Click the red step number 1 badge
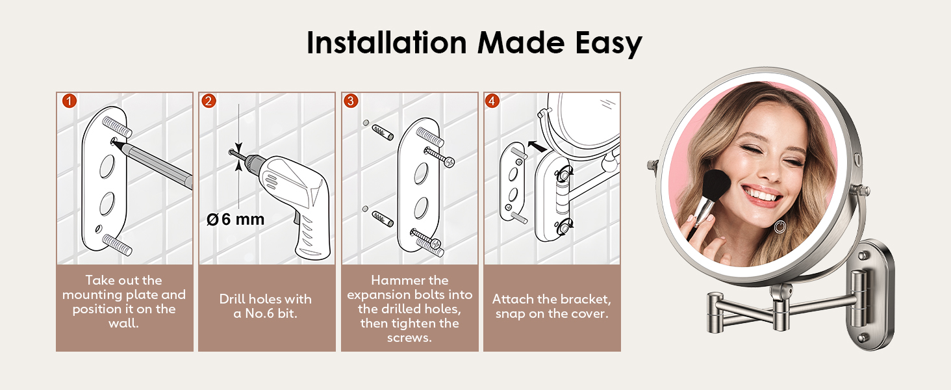click(x=70, y=101)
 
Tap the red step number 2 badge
click(x=209, y=101)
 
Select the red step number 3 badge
click(x=351, y=101)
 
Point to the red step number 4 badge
click(x=492, y=101)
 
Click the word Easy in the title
click(x=609, y=44)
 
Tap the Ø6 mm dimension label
click(x=235, y=219)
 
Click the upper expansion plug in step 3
click(x=383, y=132)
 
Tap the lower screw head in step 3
click(x=435, y=244)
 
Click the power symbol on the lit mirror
click(x=779, y=227)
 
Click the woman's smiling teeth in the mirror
click(x=762, y=196)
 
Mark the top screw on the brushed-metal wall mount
click(x=863, y=256)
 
